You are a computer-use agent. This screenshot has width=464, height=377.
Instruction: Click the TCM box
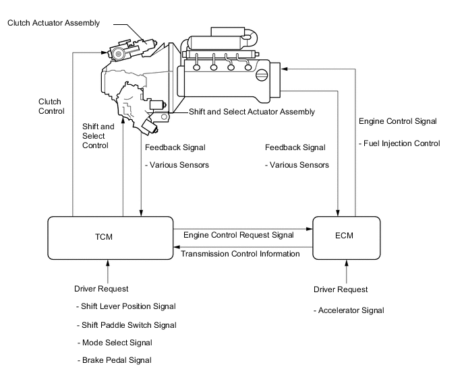coord(109,238)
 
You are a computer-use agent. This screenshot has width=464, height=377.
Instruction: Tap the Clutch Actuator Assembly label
coord(53,23)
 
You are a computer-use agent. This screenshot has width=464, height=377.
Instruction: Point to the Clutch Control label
coord(51,106)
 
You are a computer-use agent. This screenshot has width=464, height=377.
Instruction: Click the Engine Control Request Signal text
coord(239,235)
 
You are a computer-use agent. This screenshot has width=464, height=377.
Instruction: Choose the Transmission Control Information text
coord(241,254)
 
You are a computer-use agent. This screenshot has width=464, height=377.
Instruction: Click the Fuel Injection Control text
coord(399,143)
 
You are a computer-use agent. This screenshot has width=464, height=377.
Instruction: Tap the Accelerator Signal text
coord(349,310)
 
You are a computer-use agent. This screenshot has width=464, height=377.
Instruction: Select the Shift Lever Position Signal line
coord(127,306)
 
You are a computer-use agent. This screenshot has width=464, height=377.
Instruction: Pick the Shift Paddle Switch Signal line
coord(127,324)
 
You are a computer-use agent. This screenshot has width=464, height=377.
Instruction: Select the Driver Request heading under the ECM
coord(341,289)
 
